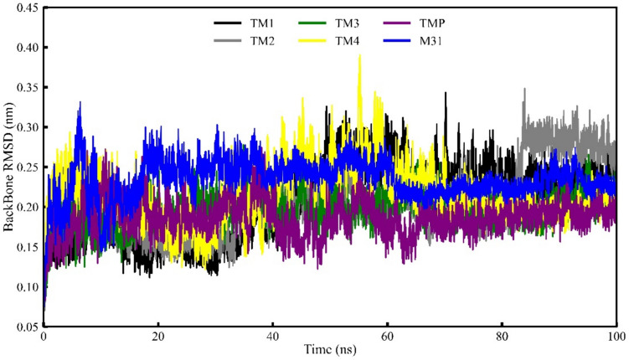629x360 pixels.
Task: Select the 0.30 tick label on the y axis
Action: [23, 127]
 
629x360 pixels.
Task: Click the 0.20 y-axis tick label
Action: [23, 207]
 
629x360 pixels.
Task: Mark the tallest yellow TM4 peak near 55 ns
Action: [359, 56]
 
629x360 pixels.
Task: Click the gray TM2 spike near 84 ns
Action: [524, 89]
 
